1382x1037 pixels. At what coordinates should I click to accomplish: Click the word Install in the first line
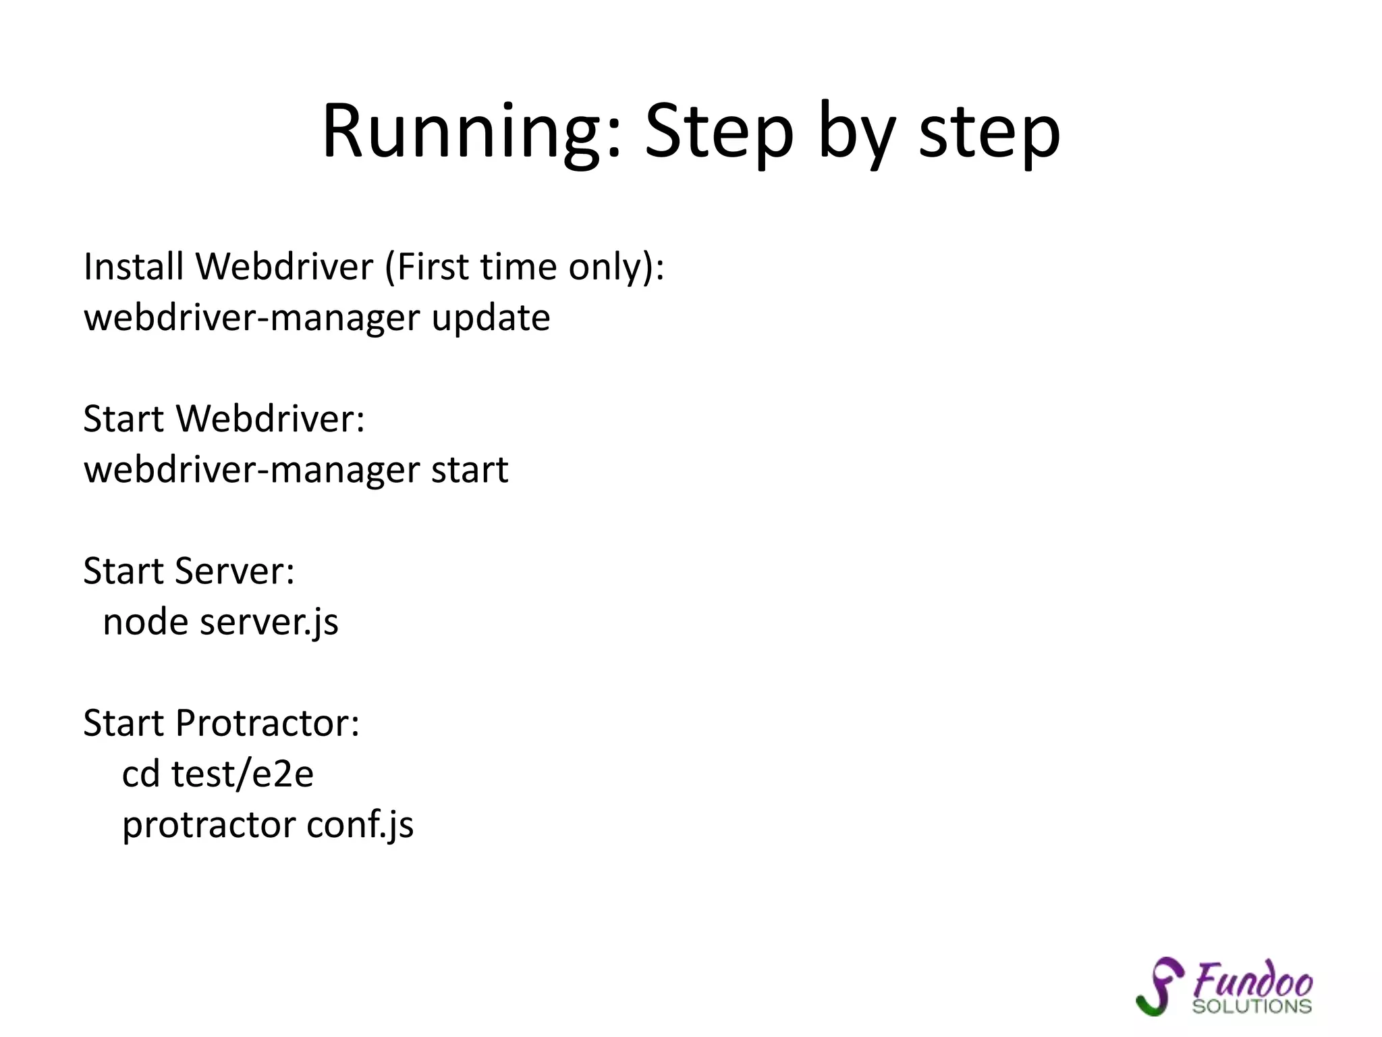coord(134,266)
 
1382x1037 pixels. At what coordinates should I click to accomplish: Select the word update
coord(491,317)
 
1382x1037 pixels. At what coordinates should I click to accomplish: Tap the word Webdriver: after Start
coord(270,419)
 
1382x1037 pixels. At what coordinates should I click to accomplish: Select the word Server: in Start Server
coord(234,571)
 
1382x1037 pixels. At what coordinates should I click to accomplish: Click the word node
coord(145,622)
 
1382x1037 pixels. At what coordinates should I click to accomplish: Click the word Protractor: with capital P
coord(267,723)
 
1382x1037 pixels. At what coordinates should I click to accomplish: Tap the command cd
coord(140,774)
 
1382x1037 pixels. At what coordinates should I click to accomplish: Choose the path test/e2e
coord(242,774)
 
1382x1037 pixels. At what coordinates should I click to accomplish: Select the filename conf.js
coord(360,825)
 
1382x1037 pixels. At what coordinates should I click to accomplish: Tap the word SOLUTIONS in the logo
coord(1252,1007)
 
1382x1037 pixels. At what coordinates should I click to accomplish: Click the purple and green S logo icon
coord(1159,986)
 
